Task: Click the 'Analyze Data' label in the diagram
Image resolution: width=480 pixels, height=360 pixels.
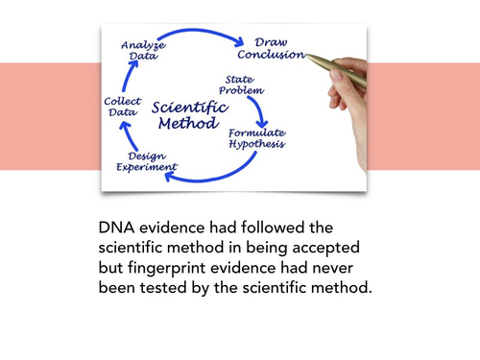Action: (x=143, y=50)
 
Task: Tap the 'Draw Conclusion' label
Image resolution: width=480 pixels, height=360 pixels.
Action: (x=277, y=48)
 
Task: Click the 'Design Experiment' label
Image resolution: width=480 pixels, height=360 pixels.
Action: (x=146, y=160)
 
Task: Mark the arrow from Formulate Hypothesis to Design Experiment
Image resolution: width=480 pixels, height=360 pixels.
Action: (x=221, y=171)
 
